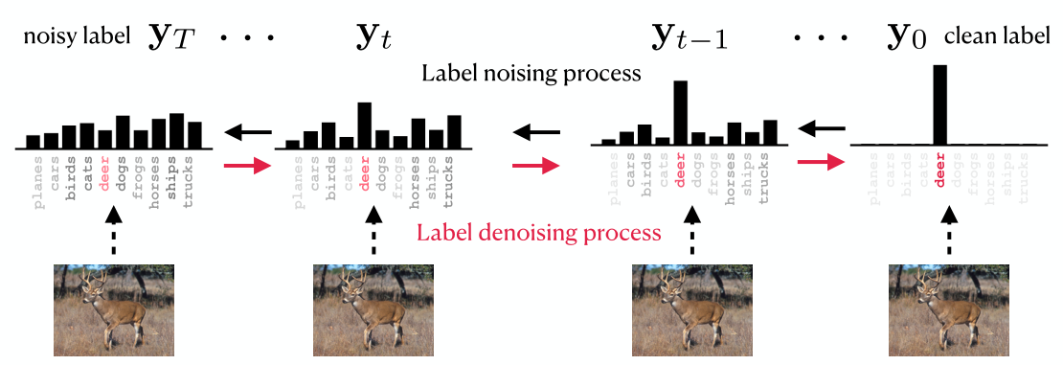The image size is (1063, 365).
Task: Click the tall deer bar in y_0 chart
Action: click(x=939, y=104)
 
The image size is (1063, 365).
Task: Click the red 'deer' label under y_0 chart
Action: click(x=939, y=170)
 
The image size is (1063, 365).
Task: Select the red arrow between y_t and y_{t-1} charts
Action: click(x=534, y=166)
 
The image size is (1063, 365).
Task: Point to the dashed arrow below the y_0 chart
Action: click(x=948, y=232)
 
